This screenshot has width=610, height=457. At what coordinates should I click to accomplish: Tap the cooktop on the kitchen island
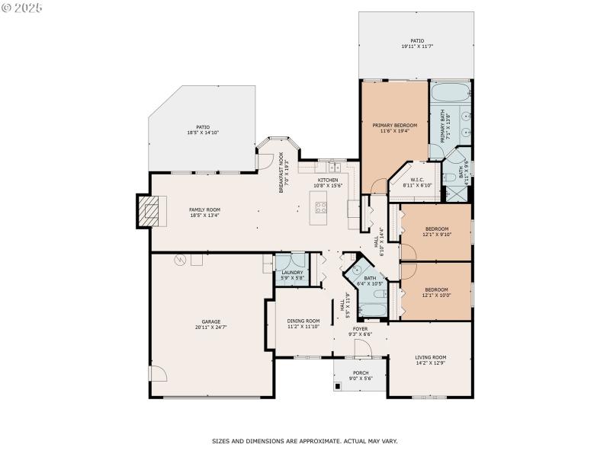tap(321, 206)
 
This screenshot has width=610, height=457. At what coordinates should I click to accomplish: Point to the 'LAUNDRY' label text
tap(291, 273)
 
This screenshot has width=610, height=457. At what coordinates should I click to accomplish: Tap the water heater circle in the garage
tap(181, 260)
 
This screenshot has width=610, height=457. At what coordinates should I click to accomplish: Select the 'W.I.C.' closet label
tap(416, 180)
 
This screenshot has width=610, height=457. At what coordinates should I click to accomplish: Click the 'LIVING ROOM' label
tap(430, 357)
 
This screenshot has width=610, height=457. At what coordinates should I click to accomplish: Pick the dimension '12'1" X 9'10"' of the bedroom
tap(437, 235)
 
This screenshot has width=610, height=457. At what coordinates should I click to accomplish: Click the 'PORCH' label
tap(360, 373)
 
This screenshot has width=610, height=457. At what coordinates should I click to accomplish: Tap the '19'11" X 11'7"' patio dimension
tap(416, 47)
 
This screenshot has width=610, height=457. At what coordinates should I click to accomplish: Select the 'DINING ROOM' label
tap(303, 321)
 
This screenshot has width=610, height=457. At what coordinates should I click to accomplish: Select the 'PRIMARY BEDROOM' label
tap(394, 125)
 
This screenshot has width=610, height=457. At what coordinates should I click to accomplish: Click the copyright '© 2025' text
tap(23, 8)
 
